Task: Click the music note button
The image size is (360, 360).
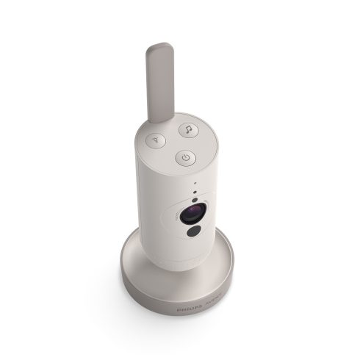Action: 187,129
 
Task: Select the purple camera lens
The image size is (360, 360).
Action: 190,216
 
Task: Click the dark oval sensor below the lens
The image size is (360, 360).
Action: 193,232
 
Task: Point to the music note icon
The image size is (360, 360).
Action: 187,129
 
